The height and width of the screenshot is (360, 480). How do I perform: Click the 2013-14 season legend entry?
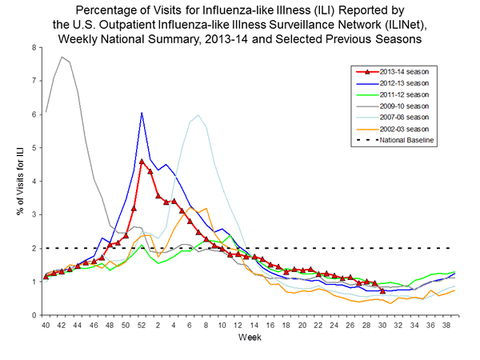[x=404, y=71]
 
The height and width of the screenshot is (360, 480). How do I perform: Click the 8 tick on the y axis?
[x=33, y=47]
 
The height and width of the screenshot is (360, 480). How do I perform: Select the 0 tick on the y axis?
[x=33, y=315]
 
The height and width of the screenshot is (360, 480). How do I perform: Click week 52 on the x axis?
[x=142, y=326]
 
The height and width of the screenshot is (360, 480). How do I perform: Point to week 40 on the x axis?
[x=46, y=326]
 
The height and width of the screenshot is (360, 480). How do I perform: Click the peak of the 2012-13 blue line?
[x=142, y=113]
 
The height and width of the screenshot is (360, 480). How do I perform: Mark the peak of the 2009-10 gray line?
[x=62, y=57]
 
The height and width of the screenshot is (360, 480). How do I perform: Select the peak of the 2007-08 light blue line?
[x=198, y=115]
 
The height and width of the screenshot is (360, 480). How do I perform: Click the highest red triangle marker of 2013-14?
[x=142, y=162]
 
